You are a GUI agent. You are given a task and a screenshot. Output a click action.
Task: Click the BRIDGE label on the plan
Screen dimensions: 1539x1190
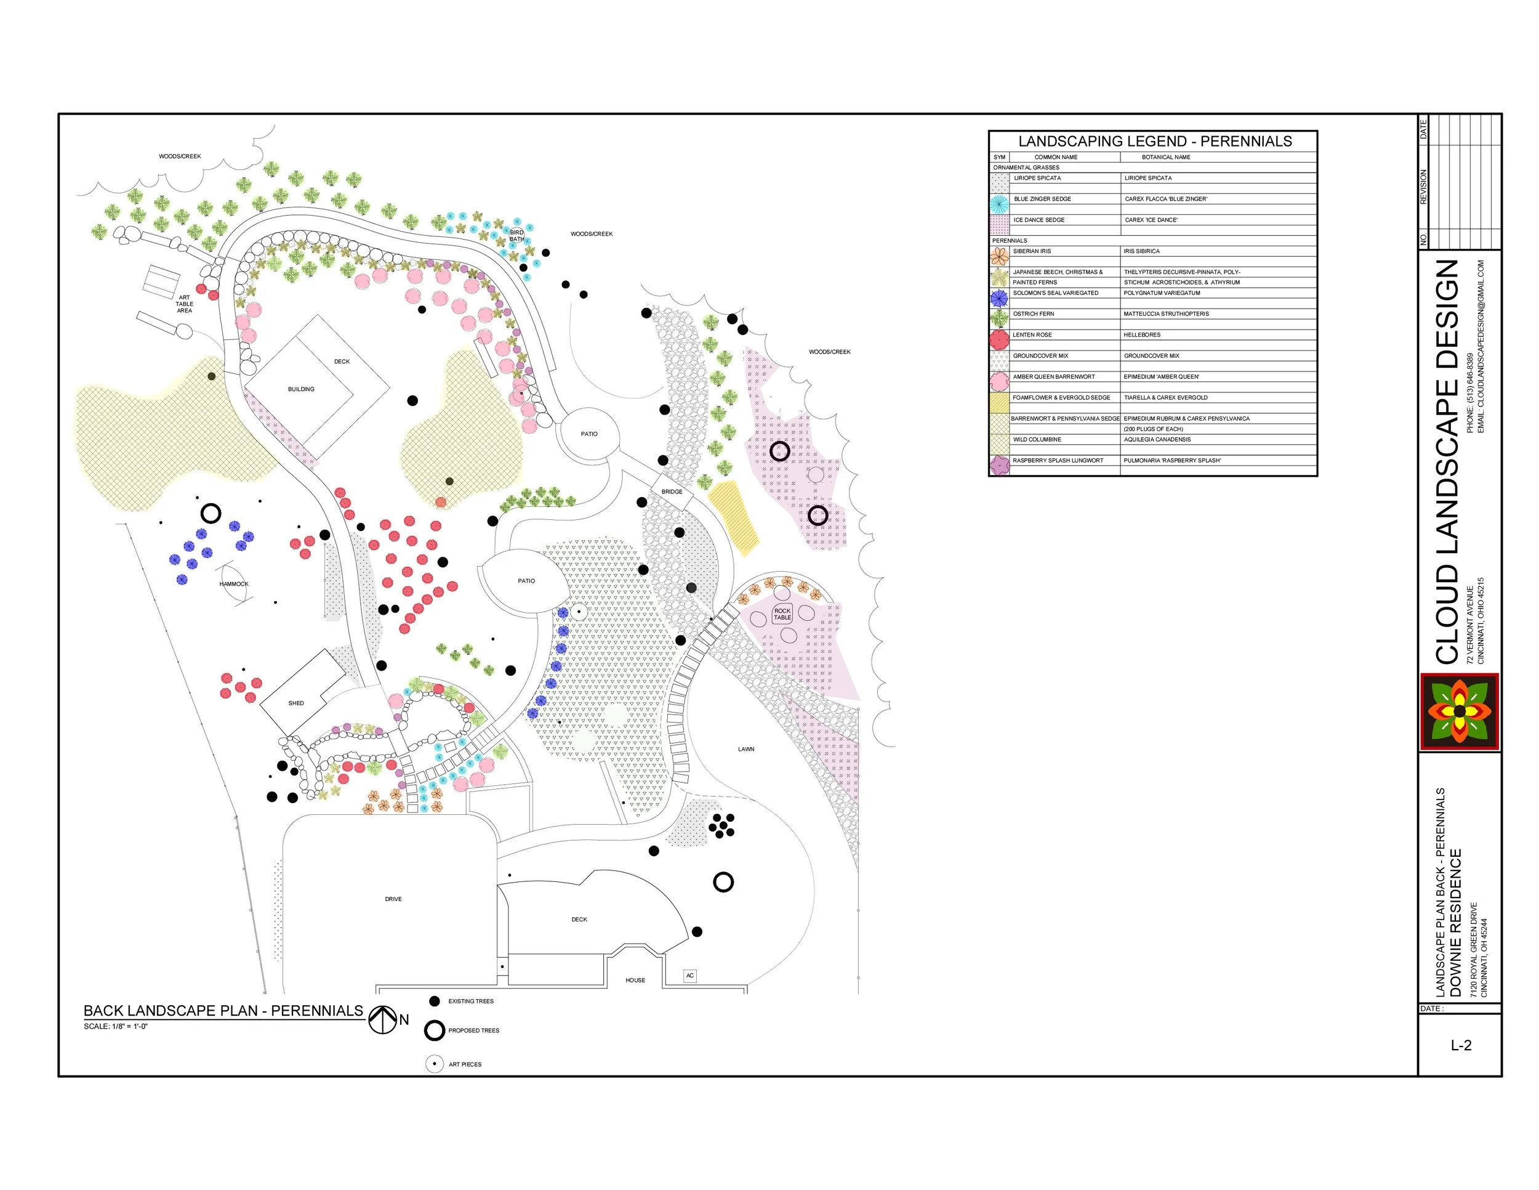pyautogui.click(x=672, y=492)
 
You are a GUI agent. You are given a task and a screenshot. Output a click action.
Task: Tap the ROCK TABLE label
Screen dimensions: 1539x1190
pyautogui.click(x=782, y=614)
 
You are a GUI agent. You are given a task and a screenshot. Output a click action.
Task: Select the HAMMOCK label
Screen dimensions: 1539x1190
pyautogui.click(x=234, y=584)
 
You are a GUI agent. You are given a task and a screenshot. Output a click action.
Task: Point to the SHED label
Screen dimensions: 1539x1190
pyautogui.click(x=296, y=703)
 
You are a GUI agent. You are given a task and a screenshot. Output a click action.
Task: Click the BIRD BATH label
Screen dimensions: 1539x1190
pyautogui.click(x=516, y=235)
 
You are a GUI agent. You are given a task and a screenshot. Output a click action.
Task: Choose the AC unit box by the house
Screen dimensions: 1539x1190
pyautogui.click(x=690, y=976)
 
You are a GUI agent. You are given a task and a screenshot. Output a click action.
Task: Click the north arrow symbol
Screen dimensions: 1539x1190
pyautogui.click(x=383, y=1019)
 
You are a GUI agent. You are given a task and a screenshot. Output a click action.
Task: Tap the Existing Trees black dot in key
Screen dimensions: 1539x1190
pyautogui.click(x=434, y=1001)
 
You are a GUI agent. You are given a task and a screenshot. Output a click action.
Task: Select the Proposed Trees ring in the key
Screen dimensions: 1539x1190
pyautogui.click(x=434, y=1030)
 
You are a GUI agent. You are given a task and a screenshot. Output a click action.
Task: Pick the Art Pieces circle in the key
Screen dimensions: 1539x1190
pyautogui.click(x=434, y=1064)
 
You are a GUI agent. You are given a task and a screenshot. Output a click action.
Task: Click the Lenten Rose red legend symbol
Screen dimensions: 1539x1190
pyautogui.click(x=999, y=340)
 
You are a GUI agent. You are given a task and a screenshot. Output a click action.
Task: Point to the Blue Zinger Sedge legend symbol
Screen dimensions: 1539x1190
pyautogui.click(x=999, y=204)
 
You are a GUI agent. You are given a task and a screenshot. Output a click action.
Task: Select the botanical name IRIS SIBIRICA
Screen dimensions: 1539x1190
pyautogui.click(x=1141, y=251)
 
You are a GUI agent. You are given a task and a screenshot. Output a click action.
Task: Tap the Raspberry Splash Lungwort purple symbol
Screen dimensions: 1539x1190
pyautogui.click(x=999, y=465)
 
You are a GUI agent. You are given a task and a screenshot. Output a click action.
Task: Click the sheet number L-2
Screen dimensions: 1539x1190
pyautogui.click(x=1461, y=1045)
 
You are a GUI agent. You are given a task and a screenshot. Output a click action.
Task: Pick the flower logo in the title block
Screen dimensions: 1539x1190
pyautogui.click(x=1460, y=711)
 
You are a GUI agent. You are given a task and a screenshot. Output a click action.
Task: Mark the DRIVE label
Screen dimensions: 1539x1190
pyautogui.click(x=393, y=899)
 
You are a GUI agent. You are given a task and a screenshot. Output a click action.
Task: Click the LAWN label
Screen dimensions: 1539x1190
pyautogui.click(x=746, y=750)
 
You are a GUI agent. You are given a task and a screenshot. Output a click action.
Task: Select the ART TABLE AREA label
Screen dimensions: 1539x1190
pyautogui.click(x=185, y=304)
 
